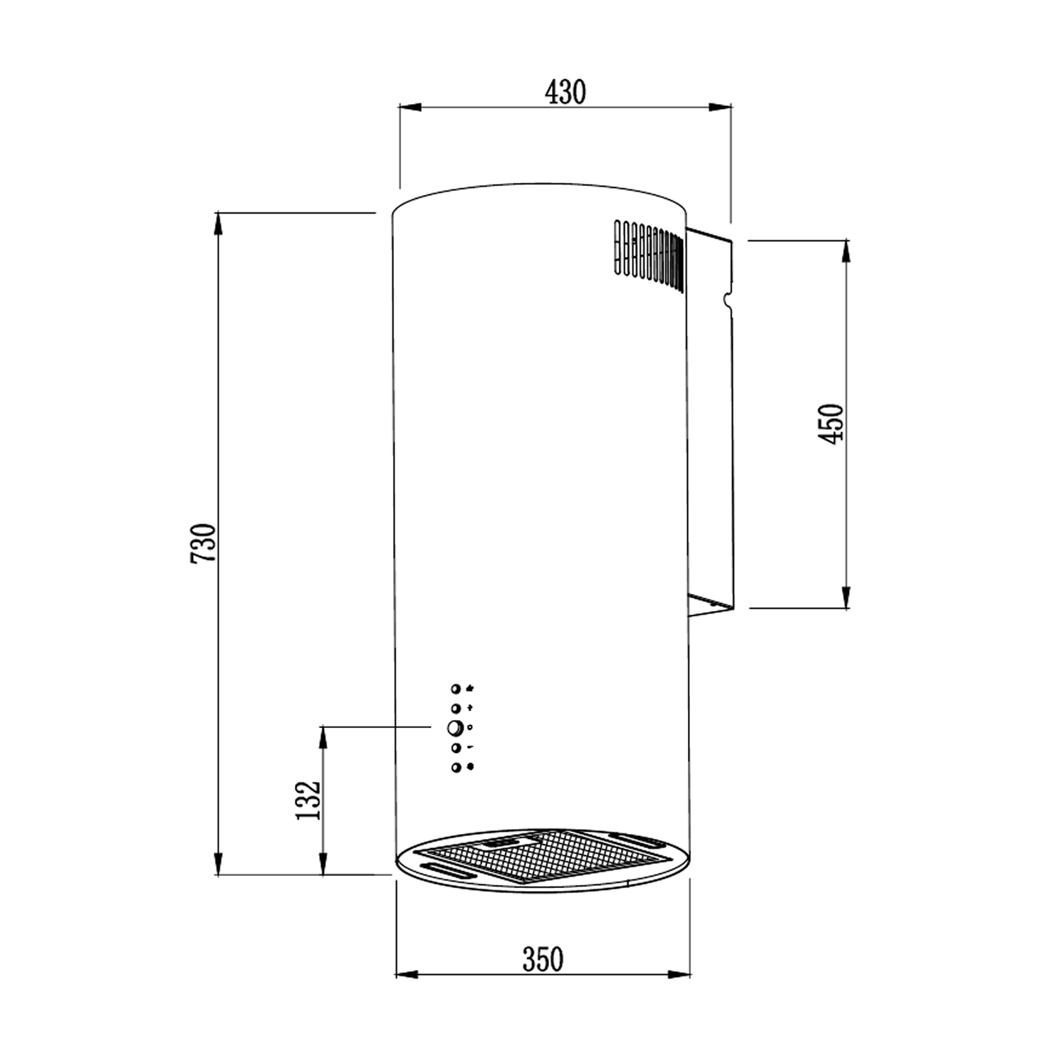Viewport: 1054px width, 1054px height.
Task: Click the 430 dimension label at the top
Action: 565,92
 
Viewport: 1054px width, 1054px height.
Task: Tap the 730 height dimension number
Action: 203,543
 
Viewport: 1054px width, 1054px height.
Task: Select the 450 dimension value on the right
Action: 831,424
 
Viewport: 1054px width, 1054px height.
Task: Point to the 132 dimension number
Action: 308,800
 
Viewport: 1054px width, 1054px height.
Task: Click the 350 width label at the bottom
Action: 543,959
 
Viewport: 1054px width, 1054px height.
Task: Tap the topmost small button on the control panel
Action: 455,689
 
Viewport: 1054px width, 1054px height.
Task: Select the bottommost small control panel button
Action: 455,767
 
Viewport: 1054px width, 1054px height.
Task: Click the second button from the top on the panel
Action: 455,709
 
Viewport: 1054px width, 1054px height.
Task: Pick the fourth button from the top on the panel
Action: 455,748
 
